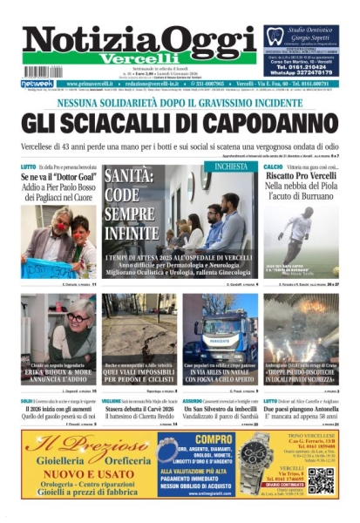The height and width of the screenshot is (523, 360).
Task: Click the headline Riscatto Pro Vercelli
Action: coord(302,175)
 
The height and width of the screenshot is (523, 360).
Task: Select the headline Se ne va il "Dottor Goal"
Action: coord(58,176)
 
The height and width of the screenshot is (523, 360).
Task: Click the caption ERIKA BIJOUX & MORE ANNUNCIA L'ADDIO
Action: coord(58,376)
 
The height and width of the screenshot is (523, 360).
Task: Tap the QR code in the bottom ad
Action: coord(320,479)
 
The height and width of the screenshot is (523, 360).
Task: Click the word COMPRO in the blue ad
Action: coord(214,440)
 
